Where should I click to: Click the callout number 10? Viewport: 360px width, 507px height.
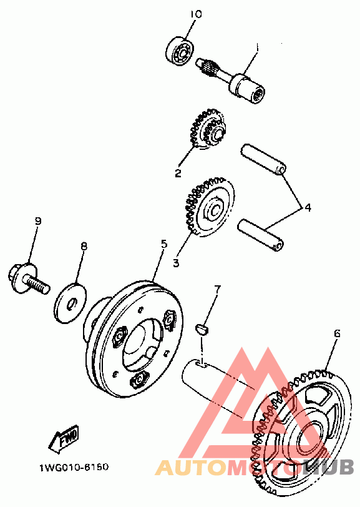[196, 14]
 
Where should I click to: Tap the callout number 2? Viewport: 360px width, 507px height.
[178, 174]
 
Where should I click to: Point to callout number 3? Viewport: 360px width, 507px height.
[176, 263]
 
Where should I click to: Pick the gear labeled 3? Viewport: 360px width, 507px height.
[209, 207]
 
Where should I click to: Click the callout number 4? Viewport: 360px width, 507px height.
[308, 207]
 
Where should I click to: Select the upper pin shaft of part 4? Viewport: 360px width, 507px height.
[263, 160]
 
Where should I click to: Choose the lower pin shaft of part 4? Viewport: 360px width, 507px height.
[261, 235]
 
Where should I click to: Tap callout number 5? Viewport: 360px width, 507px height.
[165, 244]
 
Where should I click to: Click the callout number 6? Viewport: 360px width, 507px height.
[337, 333]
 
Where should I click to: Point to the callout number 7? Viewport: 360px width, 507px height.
[217, 288]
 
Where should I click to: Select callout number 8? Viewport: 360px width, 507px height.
[84, 247]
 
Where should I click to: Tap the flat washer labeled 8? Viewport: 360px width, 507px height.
[70, 303]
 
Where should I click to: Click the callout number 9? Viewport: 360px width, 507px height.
[38, 221]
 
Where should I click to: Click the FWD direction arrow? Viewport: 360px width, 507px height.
[64, 439]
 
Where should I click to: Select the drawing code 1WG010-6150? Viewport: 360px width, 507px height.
[74, 468]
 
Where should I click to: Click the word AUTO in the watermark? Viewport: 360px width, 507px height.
[192, 468]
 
